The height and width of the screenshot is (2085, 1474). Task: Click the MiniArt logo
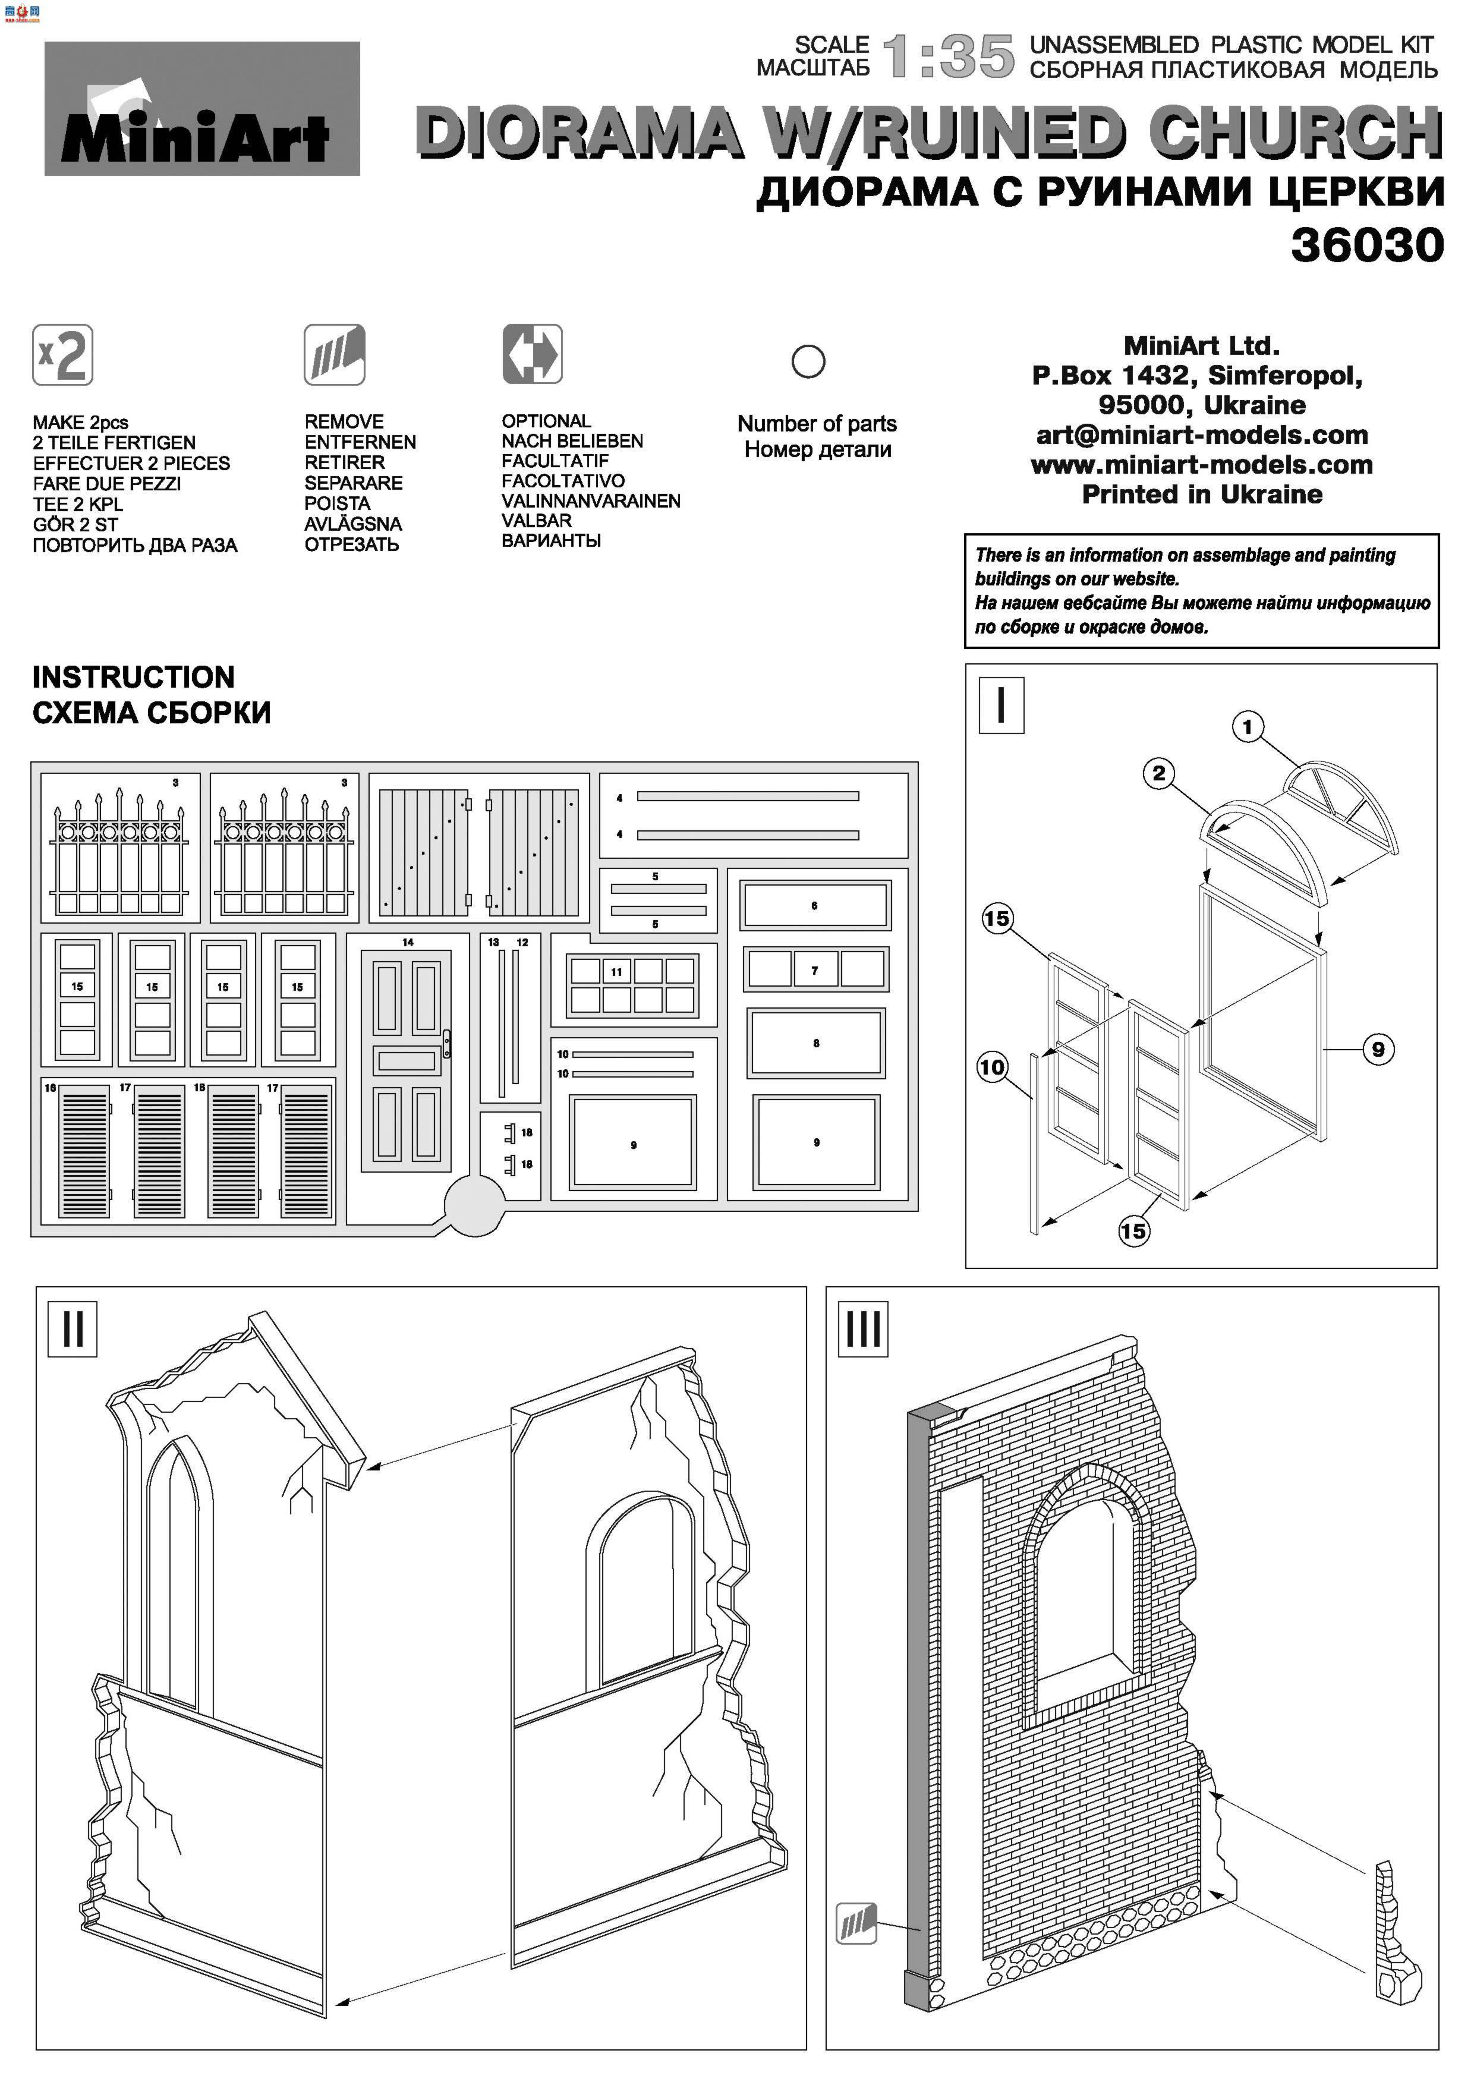[201, 109]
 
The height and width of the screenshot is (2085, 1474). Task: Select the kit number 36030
[1367, 245]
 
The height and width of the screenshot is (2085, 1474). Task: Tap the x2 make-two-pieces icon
[62, 354]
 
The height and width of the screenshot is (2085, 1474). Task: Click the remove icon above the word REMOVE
[334, 354]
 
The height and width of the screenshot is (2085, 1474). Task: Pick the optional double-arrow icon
[532, 354]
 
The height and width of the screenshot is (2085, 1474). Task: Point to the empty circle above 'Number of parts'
[807, 361]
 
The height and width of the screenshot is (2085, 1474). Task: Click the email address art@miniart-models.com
[1202, 435]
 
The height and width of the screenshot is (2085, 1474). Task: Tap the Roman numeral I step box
[1001, 705]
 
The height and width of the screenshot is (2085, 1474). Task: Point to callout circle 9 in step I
[1378, 1050]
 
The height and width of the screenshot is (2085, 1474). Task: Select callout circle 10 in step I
[992, 1066]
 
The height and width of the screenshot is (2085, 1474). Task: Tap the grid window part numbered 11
[632, 985]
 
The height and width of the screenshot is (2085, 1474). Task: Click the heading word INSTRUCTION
[134, 678]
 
